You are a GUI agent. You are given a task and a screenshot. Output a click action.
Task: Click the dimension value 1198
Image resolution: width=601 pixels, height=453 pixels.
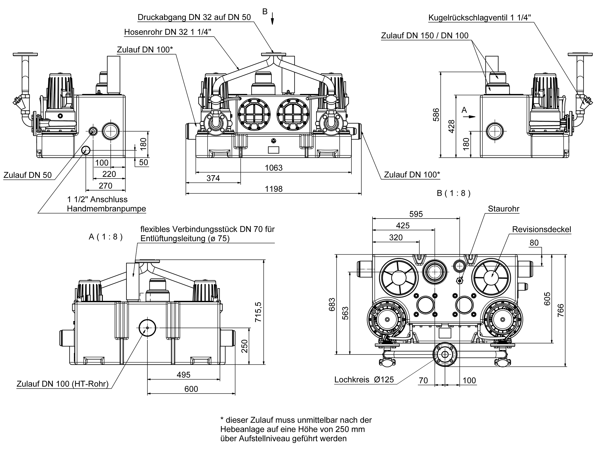coord(274,189)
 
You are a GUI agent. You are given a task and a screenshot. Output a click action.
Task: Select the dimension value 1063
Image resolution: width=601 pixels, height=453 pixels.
coord(274,168)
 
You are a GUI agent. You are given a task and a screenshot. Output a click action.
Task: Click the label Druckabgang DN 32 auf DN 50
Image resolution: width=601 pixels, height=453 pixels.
coord(194,17)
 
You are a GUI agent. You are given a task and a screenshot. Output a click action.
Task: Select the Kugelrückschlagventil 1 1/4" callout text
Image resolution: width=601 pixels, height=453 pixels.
coord(480,18)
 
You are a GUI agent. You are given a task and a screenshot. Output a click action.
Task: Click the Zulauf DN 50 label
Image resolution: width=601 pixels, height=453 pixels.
coord(27,175)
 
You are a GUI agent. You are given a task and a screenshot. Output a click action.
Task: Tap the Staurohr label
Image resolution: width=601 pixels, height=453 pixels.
coord(504,209)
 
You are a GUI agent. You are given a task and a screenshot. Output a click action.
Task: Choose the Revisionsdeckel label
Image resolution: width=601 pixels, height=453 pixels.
coord(541,229)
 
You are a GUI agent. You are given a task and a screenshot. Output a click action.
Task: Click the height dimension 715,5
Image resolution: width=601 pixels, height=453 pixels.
coord(258,312)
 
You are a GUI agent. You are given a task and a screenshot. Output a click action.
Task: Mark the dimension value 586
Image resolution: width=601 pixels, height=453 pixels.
coord(436,115)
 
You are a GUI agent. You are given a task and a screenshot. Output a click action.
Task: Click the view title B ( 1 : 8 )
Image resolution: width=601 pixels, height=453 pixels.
coord(453,193)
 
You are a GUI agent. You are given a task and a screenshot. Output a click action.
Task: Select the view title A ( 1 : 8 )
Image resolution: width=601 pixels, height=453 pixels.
coord(106,237)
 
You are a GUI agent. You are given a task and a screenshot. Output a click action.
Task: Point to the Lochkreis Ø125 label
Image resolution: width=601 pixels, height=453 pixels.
coord(364,379)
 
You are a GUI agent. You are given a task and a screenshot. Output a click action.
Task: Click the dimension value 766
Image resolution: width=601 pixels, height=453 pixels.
coord(561,310)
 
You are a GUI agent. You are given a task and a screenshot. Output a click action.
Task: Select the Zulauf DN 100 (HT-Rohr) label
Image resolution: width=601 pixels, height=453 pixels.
coord(63,384)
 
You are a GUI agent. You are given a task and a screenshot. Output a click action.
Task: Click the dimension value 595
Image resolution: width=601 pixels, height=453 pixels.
coord(416,214)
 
